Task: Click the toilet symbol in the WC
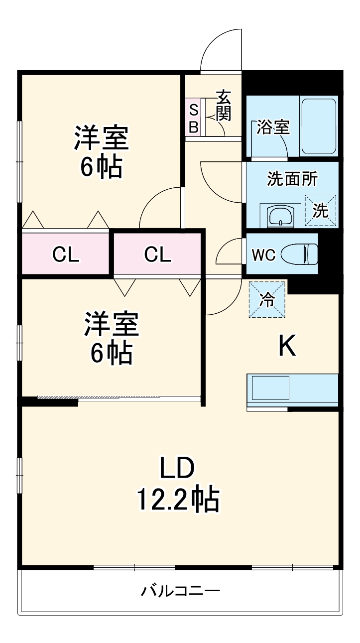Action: point(299,255)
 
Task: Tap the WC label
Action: point(263,255)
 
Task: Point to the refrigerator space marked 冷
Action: point(267,299)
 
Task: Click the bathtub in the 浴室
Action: point(319,127)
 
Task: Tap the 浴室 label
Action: point(273,128)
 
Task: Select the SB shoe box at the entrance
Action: point(193,118)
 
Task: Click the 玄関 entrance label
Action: point(224,106)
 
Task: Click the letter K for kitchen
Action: point(287,346)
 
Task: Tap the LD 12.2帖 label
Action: point(177,484)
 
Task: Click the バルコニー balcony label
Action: point(180,592)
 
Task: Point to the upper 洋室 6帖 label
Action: point(102,152)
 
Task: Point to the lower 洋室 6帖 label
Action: point(111,338)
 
